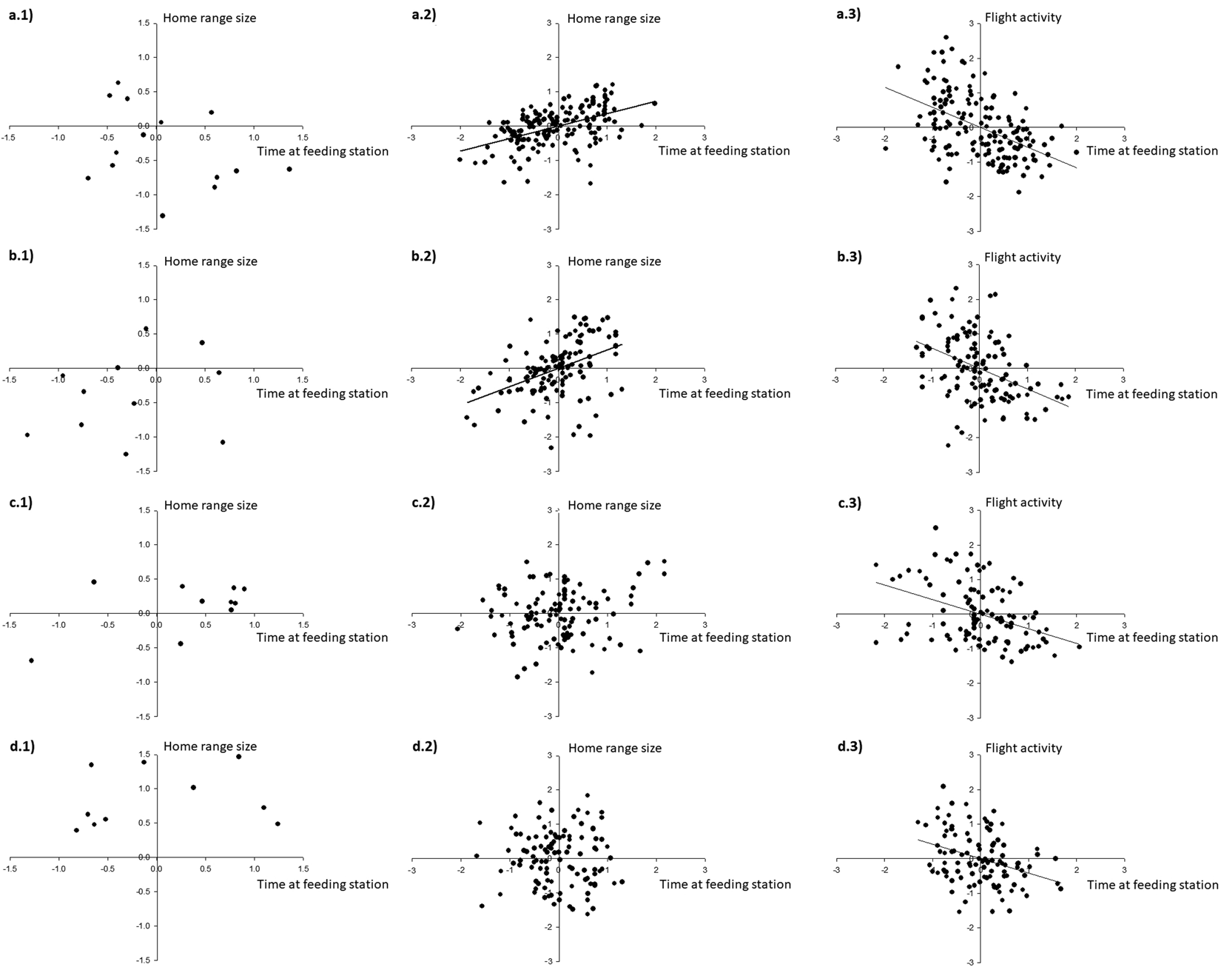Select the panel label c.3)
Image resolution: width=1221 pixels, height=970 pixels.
850,502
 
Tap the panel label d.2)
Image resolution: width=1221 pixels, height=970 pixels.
424,746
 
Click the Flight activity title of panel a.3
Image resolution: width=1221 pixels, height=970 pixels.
1023,17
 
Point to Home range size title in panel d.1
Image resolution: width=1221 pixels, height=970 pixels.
210,746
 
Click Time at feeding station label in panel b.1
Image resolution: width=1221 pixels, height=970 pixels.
322,393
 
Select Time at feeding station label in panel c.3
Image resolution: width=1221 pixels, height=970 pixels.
1151,638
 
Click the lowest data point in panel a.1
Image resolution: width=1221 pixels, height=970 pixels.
162,215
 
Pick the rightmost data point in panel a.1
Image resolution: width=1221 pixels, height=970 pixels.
289,169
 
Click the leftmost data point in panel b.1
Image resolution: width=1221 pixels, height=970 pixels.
27,435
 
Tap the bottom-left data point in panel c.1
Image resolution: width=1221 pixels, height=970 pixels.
31,660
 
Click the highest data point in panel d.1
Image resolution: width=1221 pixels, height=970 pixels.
238,757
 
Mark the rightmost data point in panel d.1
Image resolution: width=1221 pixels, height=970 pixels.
277,823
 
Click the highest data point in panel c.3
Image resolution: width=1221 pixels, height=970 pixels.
935,528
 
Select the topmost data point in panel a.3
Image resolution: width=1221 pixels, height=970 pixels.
946,37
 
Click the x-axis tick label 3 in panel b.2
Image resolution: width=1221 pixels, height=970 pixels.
704,379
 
